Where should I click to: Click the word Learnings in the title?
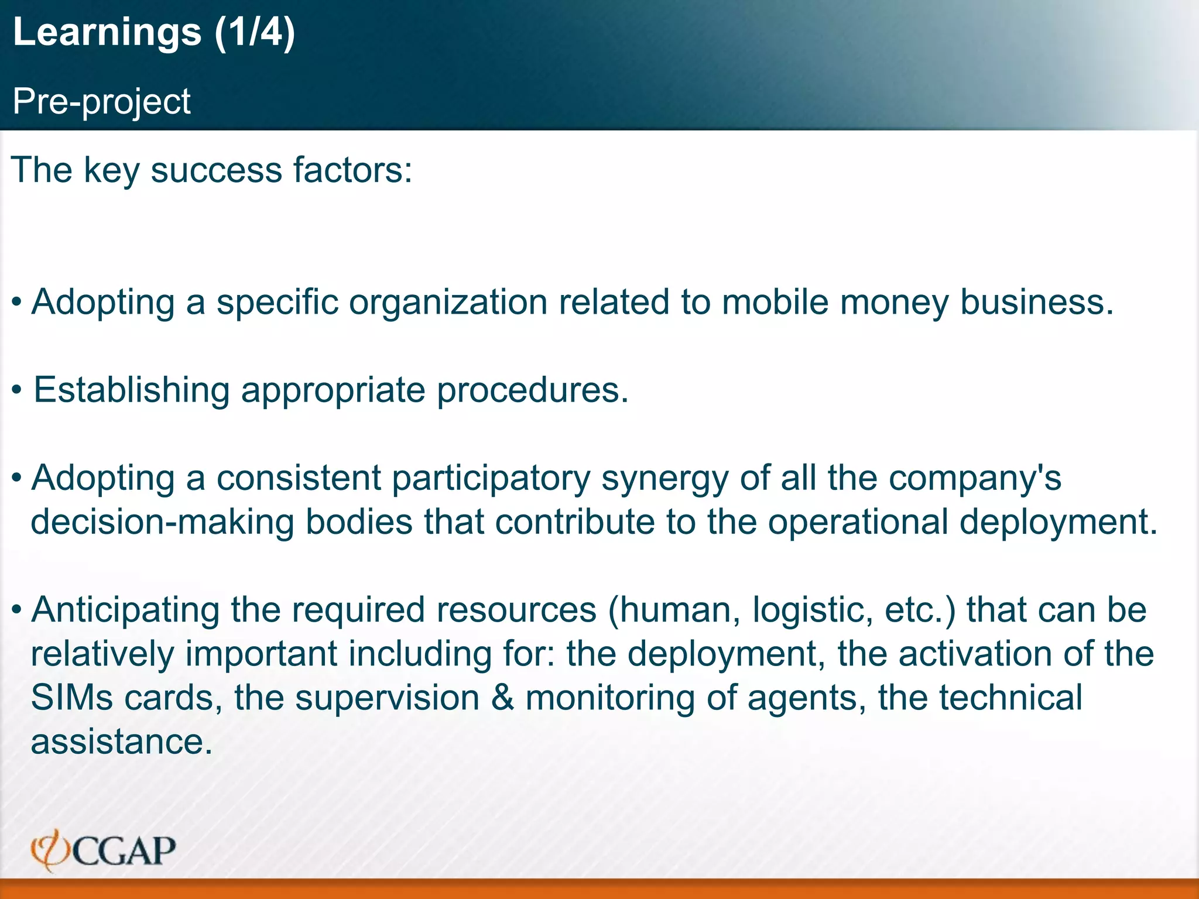pos(107,32)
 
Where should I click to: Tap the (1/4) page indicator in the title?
pos(255,32)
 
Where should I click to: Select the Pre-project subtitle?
pos(101,101)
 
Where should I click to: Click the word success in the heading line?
pos(217,170)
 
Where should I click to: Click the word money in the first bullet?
pos(894,303)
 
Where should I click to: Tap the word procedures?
pos(533,390)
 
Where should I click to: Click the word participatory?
pos(491,478)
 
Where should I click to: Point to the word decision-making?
pos(162,522)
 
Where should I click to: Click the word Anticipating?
pos(125,610)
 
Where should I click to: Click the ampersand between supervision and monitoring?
pos(502,698)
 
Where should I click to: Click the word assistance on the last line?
pos(121,742)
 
